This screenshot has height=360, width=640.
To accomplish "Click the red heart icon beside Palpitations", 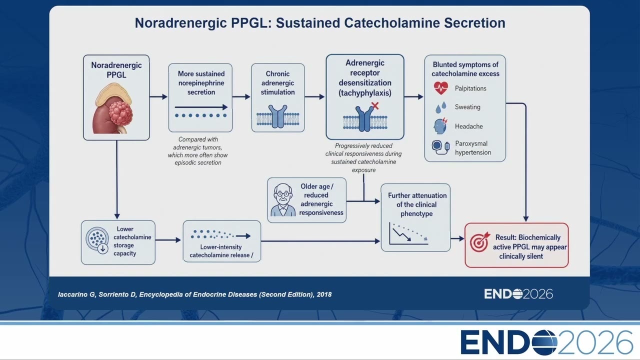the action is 441,88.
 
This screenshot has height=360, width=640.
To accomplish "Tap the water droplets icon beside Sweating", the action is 441,107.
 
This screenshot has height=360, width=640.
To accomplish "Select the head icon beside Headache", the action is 440,126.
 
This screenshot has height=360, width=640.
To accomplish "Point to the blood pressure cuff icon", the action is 440,147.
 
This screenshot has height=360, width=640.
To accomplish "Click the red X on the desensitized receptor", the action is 375,105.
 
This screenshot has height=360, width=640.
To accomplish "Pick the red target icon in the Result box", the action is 479,241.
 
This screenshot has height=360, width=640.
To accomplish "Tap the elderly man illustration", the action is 283,200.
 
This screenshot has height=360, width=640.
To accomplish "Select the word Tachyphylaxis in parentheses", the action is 365,93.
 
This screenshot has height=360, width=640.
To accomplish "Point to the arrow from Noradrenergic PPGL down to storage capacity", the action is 117,179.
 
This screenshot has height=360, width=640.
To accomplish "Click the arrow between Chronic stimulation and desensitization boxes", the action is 315,97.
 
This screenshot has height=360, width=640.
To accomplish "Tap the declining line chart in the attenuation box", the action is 408,233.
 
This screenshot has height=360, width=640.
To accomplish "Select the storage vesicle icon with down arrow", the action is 97,240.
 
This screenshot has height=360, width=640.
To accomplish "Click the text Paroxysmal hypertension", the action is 473,148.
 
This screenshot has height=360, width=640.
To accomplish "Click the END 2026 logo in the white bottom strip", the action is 546,342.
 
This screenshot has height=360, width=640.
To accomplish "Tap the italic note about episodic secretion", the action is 197,151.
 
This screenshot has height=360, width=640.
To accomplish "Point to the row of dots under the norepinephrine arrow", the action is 201,115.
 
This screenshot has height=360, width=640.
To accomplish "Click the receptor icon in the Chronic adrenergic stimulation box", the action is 277,116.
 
